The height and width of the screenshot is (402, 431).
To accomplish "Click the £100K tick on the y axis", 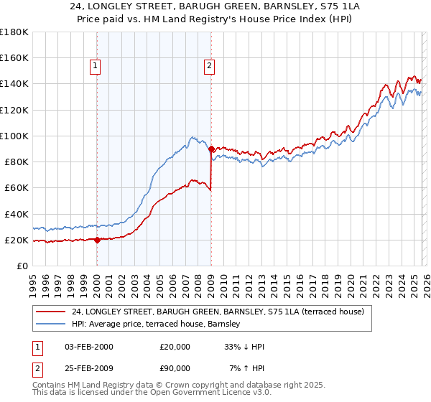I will (x=14, y=136).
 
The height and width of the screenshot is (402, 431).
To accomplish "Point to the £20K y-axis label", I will (x=17, y=240).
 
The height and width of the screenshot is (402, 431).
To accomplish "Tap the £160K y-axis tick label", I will (x=14, y=58).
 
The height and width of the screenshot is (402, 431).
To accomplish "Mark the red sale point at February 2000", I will (x=97, y=240).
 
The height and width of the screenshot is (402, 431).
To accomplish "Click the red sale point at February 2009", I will (x=211, y=149).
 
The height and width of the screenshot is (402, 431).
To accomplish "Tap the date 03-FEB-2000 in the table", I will (x=88, y=347).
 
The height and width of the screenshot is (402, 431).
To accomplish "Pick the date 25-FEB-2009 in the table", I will (x=88, y=368).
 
